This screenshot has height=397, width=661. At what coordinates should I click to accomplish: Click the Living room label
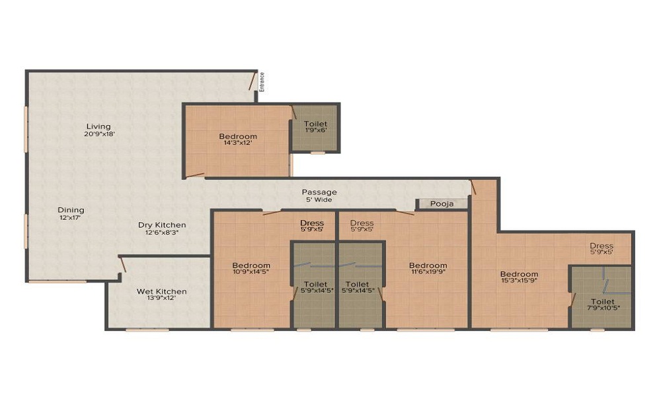pos(98,126)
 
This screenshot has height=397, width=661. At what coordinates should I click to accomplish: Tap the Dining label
pos(70,210)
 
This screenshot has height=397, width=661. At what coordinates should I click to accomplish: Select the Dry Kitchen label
pos(162,225)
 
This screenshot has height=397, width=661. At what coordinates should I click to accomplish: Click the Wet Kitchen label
pos(161,291)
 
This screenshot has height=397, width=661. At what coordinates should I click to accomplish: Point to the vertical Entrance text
pos(262,81)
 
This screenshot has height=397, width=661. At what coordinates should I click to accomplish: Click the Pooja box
pos(442,204)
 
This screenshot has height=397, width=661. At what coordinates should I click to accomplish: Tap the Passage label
pos(319,192)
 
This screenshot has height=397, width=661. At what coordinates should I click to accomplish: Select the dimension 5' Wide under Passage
pos(319,200)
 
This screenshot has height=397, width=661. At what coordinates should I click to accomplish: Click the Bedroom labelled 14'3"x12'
pos(238,137)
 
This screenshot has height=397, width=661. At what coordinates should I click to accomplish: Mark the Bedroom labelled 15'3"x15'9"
pos(519,274)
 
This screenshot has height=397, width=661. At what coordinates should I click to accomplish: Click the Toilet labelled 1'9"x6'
pos(315,124)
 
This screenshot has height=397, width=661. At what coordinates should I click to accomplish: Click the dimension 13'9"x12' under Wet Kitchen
pos(161,298)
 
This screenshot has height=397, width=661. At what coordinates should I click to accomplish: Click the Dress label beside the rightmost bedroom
pos(602,246)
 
